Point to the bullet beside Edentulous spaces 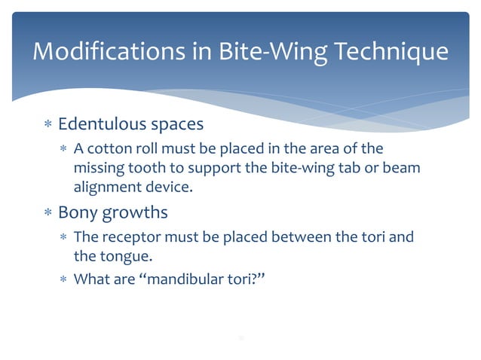[x=46, y=124]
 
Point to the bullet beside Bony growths [x=46, y=213]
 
